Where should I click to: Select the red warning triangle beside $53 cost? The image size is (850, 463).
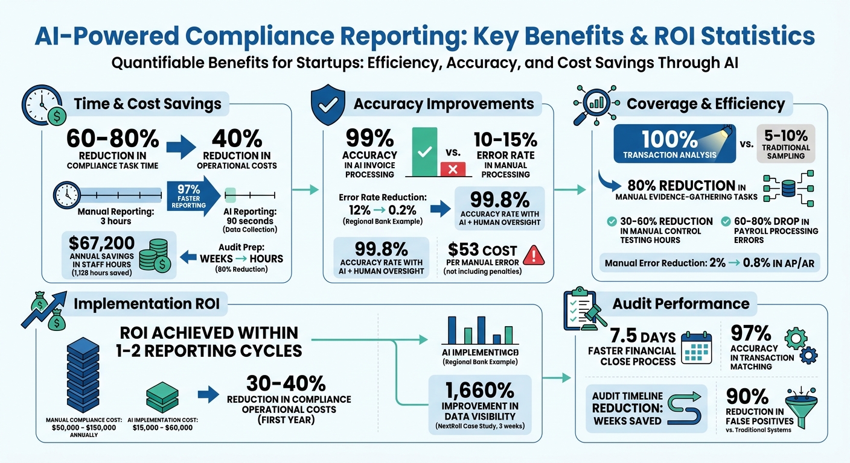pyautogui.click(x=534, y=255)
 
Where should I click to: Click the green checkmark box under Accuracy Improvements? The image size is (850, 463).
pyautogui.click(x=428, y=151)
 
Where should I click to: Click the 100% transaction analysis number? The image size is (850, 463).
pyautogui.click(x=668, y=140)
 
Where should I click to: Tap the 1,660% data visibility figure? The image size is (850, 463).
pyautogui.click(x=479, y=391)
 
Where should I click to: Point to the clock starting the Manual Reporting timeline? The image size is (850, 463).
pyautogui.click(x=66, y=195)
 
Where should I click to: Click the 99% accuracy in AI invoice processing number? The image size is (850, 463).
pyautogui.click(x=368, y=140)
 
